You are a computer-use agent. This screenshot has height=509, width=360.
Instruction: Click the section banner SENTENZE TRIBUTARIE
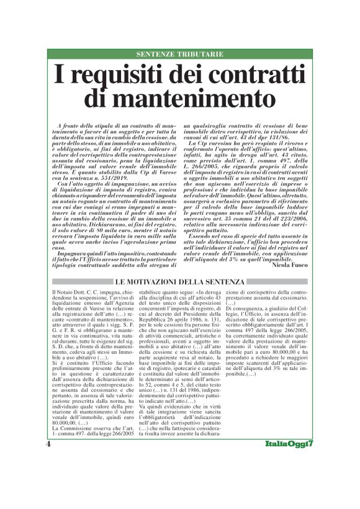(x=179, y=55)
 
